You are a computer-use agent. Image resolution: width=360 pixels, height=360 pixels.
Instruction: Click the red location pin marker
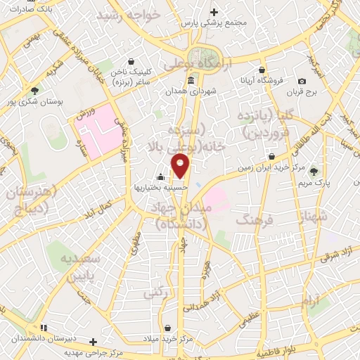(x=181, y=166)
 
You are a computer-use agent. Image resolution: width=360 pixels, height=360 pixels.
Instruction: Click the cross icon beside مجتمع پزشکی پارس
(x=214, y=12)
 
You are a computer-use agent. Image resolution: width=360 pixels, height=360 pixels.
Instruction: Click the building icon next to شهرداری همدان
(x=191, y=81)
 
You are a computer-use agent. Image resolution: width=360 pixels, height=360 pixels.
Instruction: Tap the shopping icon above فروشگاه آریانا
(x=262, y=70)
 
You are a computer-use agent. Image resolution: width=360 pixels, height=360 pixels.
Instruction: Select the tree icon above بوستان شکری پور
(x=34, y=89)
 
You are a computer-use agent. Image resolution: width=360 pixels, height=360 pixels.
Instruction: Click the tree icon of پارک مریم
(x=314, y=170)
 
